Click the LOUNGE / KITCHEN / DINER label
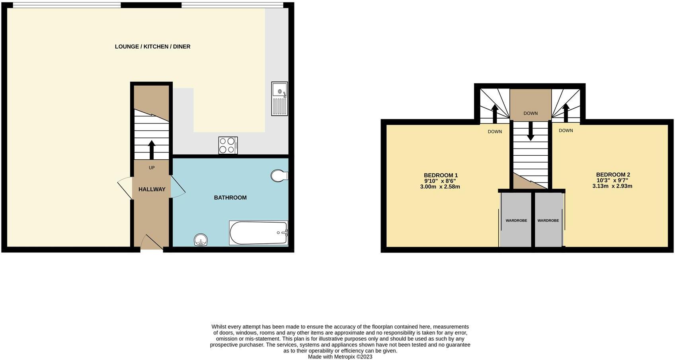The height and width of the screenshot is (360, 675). (152, 47)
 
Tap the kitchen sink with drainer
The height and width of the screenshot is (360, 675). (279, 98)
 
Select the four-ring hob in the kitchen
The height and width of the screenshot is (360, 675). (228, 145)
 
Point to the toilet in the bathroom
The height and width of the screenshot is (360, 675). (279, 175)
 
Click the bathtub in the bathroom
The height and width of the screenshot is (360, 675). (258, 233)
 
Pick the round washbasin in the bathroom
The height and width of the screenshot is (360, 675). (201, 240)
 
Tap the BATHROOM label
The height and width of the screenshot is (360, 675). (230, 198)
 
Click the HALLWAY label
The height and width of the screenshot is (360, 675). (152, 190)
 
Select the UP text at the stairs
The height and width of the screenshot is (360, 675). (152, 168)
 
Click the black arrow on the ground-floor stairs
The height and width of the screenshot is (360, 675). (151, 149)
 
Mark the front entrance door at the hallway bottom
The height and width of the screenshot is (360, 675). (151, 243)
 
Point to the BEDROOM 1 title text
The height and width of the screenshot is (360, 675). (441, 175)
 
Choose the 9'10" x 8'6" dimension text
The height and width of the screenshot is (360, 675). (440, 181)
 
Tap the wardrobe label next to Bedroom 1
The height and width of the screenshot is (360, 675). (516, 220)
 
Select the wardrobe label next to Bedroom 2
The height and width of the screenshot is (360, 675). (548, 220)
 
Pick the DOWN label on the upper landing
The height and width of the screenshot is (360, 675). (531, 113)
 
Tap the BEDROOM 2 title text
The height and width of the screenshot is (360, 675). (613, 174)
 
